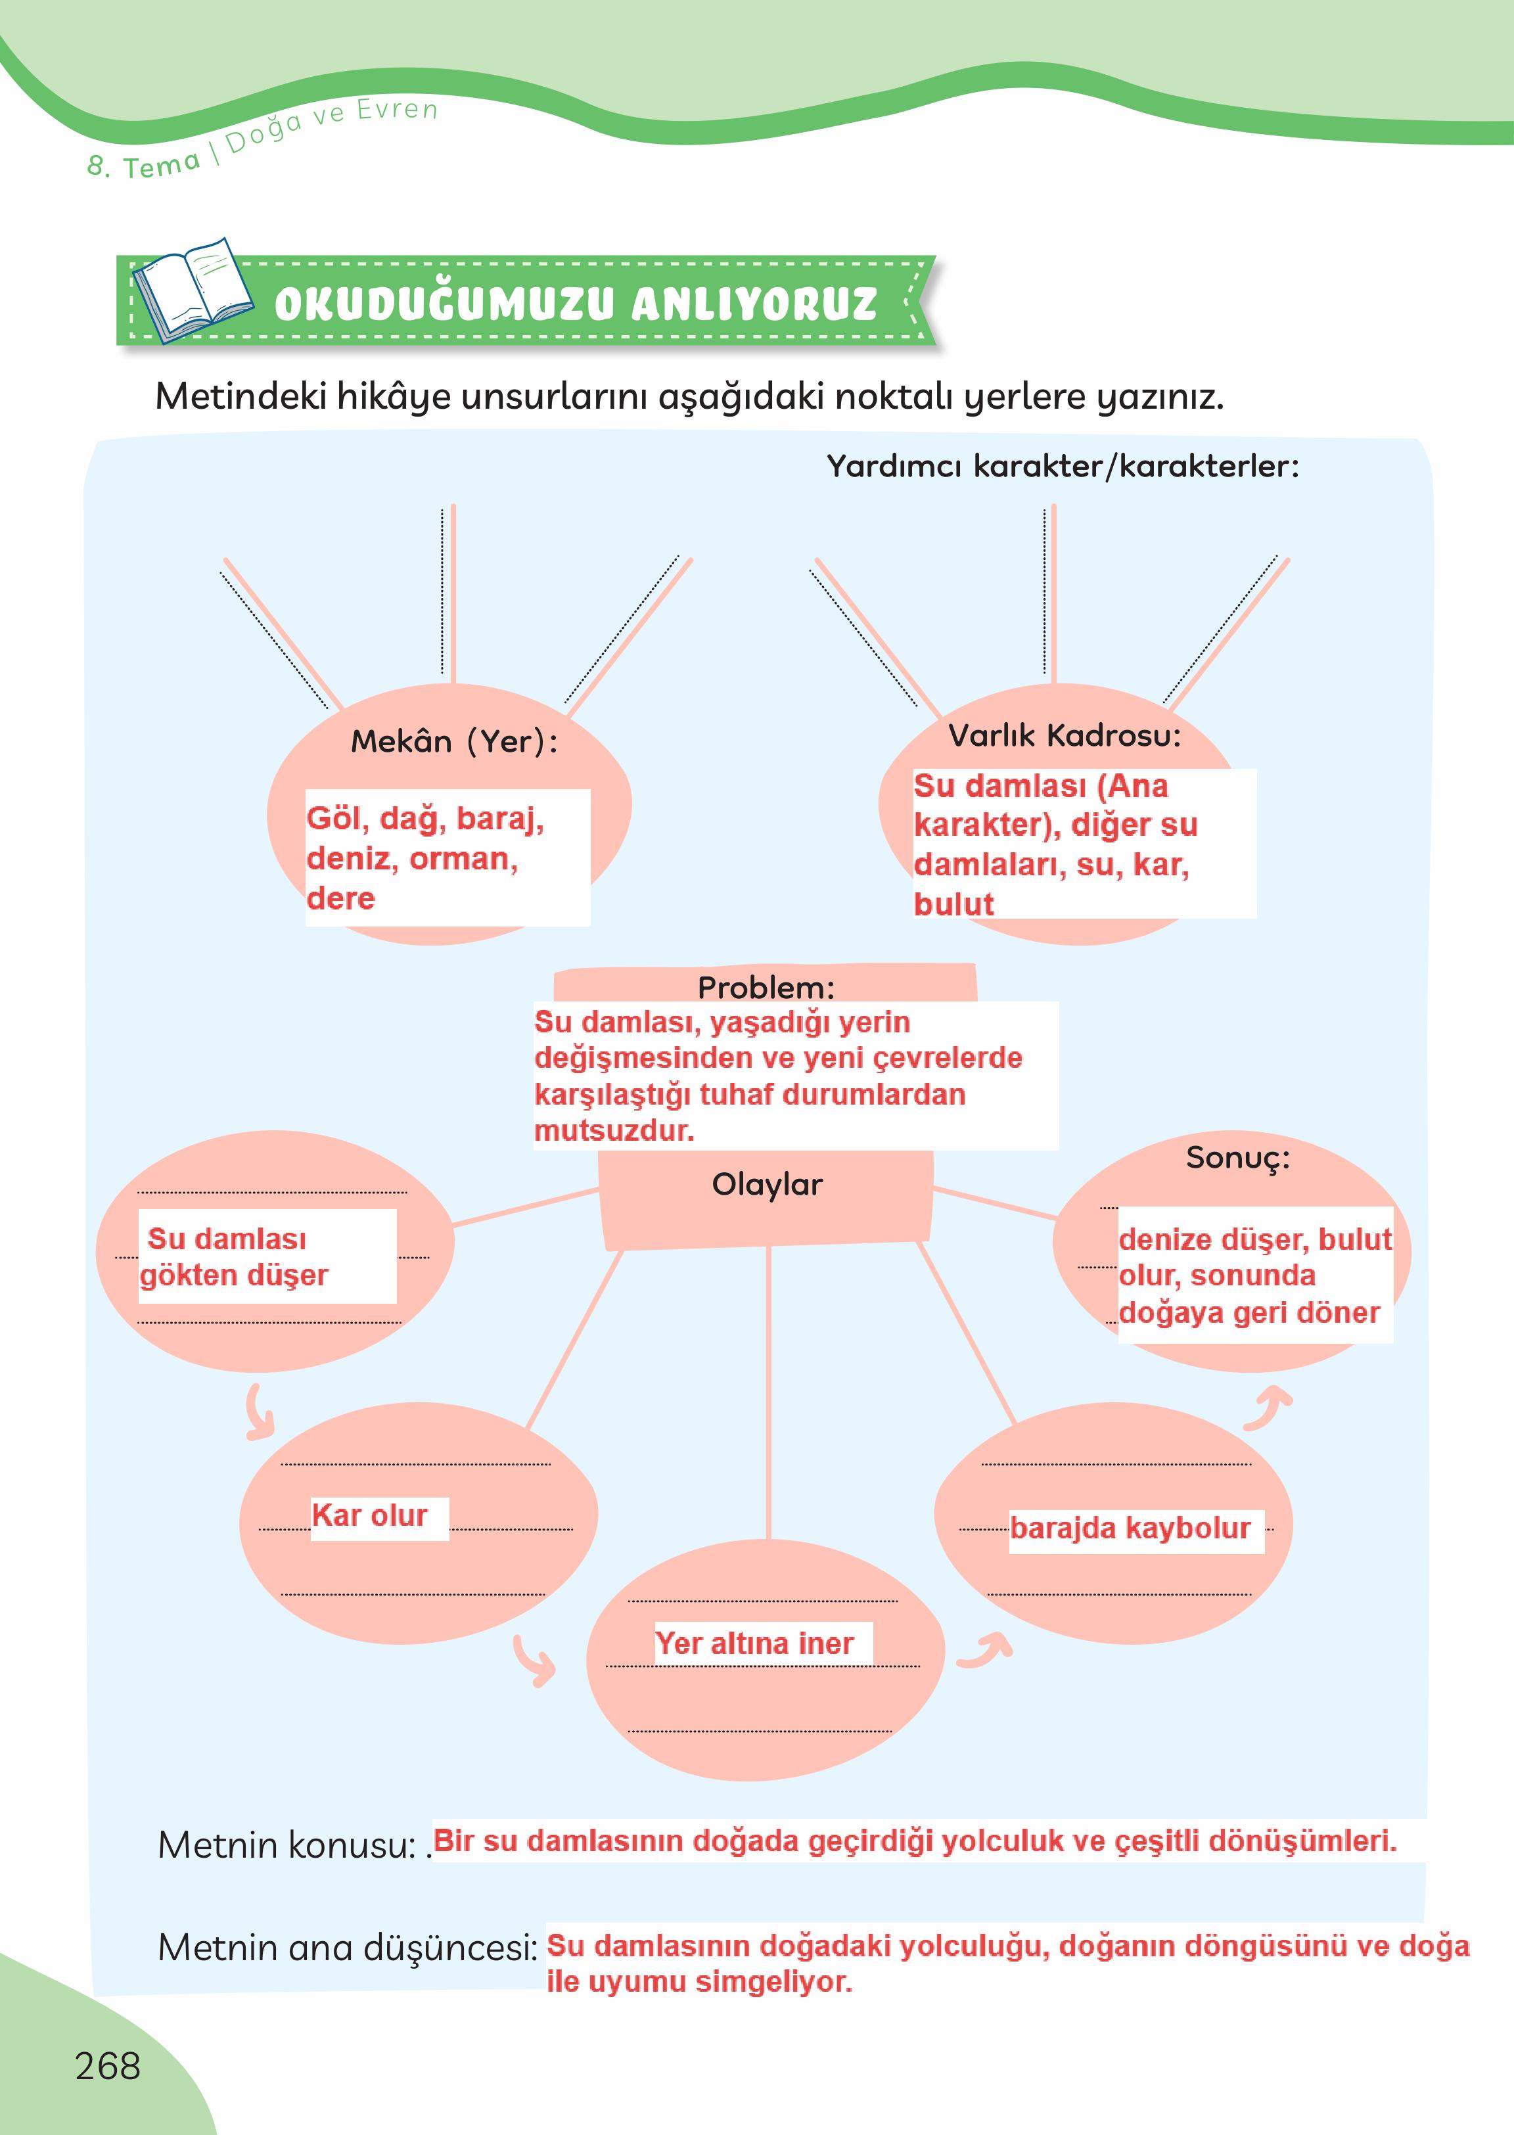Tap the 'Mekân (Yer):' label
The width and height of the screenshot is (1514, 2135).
click(x=454, y=741)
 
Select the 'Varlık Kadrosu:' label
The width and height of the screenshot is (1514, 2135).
click(x=1065, y=735)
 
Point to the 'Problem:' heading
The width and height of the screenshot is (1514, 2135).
click(x=766, y=986)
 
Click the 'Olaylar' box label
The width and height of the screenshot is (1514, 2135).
click(x=766, y=1185)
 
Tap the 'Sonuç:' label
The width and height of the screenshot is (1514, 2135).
click(x=1237, y=1158)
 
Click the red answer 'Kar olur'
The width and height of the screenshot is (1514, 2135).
click(x=369, y=1515)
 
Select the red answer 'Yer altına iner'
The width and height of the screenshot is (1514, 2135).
click(x=754, y=1643)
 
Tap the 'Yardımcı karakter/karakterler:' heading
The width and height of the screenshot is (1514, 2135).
click(x=1062, y=465)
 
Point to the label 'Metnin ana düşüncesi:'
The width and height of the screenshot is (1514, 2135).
click(x=348, y=1948)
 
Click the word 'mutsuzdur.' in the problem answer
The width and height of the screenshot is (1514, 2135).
click(x=614, y=1131)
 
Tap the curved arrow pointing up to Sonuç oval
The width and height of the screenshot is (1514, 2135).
click(x=1269, y=1408)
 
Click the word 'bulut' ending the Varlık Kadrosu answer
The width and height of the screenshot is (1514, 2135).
click(x=953, y=904)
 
